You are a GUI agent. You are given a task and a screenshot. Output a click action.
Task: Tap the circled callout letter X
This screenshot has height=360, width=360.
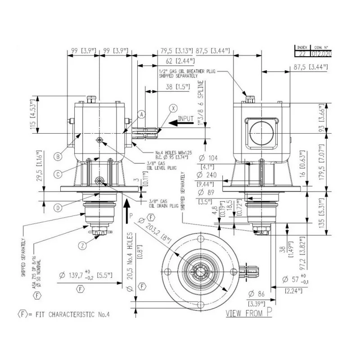coord(174,108)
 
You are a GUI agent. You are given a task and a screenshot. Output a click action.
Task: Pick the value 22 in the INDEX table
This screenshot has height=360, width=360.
coord(301,53)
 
